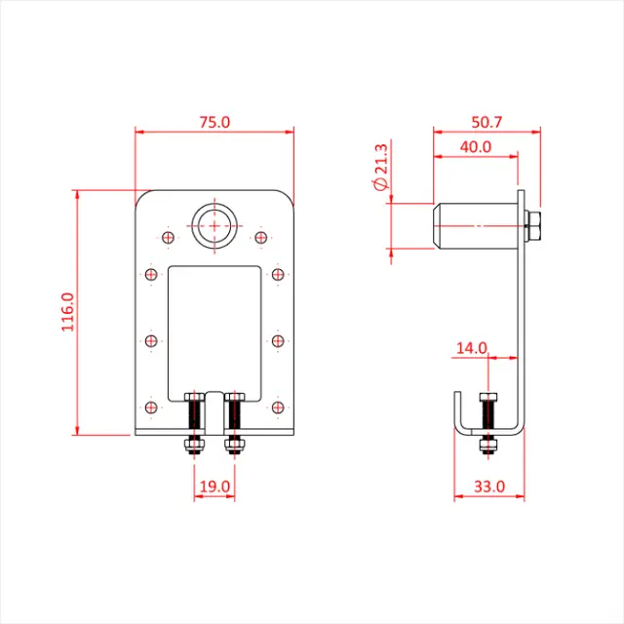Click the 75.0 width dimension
214,123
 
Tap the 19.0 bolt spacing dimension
214,485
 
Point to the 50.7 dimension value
486,123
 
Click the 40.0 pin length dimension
475,147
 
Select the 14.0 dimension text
471,347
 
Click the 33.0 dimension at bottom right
488,485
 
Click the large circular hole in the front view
214,227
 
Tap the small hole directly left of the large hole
168,237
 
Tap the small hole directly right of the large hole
260,237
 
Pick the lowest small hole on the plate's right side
278,407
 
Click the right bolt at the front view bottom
234,424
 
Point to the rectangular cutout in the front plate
214,327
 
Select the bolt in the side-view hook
487,424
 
